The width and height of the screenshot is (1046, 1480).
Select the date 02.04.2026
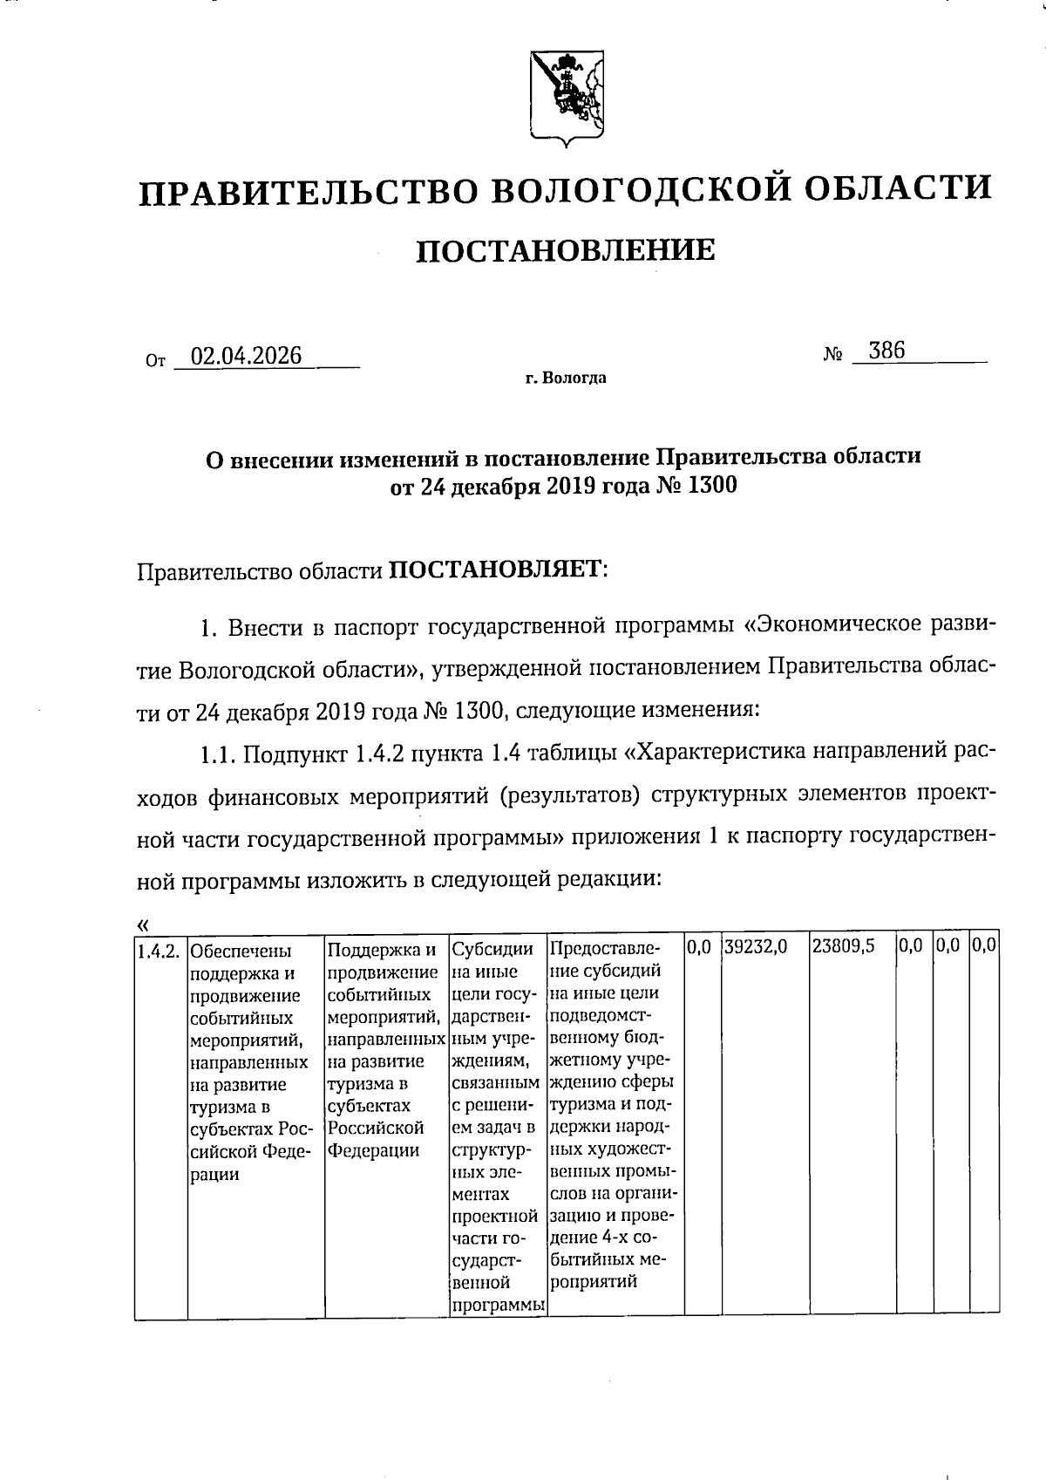tap(247, 356)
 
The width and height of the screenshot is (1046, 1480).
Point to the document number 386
tap(886, 351)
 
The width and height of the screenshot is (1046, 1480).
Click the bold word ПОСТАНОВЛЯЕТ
tap(495, 570)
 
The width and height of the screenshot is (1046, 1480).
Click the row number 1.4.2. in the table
tap(160, 950)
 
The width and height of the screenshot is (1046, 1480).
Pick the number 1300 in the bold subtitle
tap(712, 485)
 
